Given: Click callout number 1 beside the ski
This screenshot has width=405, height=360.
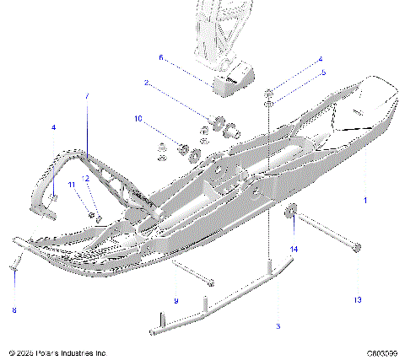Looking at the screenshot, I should pyautogui.click(x=365, y=201).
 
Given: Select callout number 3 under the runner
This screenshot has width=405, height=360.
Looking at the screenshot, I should pyautogui.click(x=278, y=325).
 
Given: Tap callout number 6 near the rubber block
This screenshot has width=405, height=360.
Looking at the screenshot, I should pyautogui.click(x=160, y=58).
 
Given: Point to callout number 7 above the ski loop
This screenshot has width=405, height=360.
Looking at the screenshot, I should pyautogui.click(x=85, y=97).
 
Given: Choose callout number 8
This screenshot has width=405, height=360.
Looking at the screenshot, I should pyautogui.click(x=13, y=310).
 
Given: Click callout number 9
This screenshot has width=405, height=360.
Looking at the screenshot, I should pyautogui.click(x=175, y=301).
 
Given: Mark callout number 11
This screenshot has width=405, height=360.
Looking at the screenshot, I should pyautogui.click(x=72, y=184).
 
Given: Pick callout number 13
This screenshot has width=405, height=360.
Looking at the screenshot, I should pyautogui.click(x=357, y=300).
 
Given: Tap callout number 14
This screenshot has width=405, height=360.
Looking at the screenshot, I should pyautogui.click(x=294, y=250).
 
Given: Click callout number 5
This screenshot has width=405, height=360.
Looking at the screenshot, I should pyautogui.click(x=321, y=73).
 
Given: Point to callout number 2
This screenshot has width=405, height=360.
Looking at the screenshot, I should pyautogui.click(x=146, y=83).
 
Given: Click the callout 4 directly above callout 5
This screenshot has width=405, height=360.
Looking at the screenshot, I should pyautogui.click(x=321, y=60).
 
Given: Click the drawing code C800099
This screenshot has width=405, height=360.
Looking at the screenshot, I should pyautogui.click(x=382, y=352).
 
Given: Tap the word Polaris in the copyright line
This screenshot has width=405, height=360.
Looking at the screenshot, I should pyautogui.click(x=54, y=352).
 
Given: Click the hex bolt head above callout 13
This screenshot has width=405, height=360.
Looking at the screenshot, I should pyautogui.click(x=357, y=248).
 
